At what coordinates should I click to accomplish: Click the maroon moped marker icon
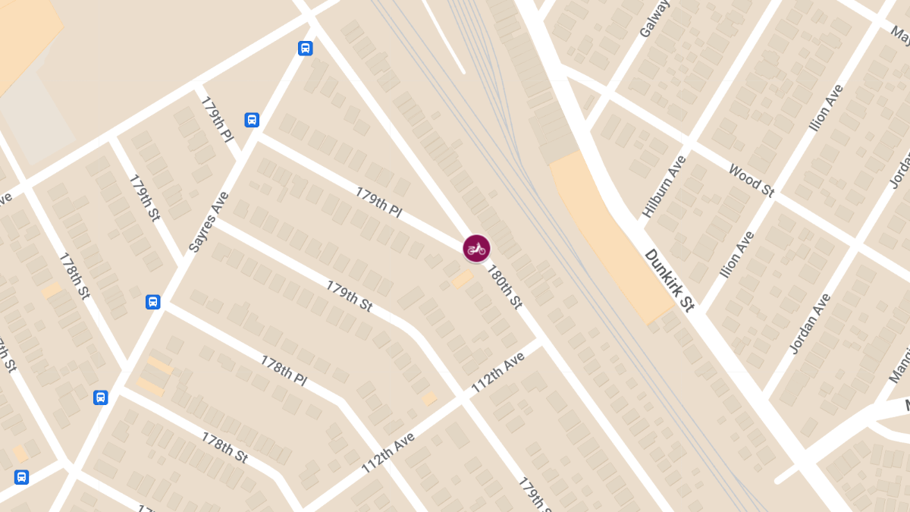click(x=476, y=248)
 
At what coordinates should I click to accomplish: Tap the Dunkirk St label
click(x=670, y=280)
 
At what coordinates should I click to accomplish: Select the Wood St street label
click(x=751, y=181)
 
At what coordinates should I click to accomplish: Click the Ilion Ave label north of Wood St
click(x=827, y=108)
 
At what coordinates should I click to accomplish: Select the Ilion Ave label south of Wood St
click(x=737, y=254)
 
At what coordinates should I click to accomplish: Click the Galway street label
click(x=655, y=18)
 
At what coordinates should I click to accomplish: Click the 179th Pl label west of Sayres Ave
click(x=217, y=119)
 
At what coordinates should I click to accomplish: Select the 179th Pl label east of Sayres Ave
click(x=378, y=203)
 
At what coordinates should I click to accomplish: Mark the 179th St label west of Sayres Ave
click(x=144, y=198)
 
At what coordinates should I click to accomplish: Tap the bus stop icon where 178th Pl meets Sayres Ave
click(x=153, y=302)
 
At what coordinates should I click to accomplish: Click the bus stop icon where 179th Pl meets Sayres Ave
click(x=252, y=120)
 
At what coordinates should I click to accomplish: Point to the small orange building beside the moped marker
click(x=462, y=280)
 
